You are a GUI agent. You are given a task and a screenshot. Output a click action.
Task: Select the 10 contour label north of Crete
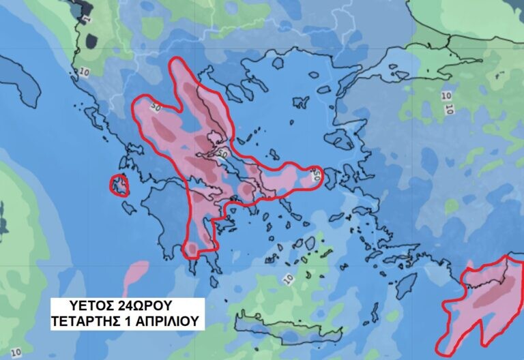tap(287, 278)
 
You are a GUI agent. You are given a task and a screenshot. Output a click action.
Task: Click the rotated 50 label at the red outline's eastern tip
tap(317, 177)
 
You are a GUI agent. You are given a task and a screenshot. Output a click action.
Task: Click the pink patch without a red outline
tap(136, 273)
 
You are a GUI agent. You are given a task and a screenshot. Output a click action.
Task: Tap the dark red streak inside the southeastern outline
tap(488, 296)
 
